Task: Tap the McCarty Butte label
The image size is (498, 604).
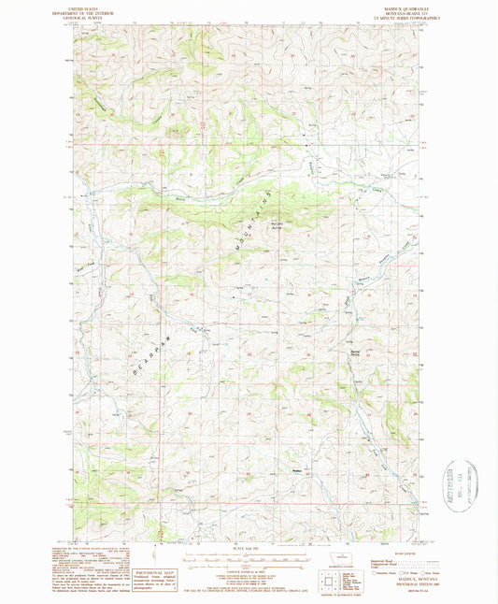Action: coord(277,225)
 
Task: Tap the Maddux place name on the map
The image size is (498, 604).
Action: coord(297,469)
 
